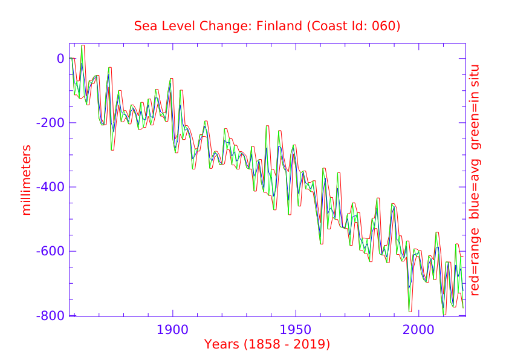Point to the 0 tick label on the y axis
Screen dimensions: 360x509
(x=60, y=59)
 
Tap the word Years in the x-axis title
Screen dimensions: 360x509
(x=222, y=345)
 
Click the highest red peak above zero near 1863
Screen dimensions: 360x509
(x=83, y=45)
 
